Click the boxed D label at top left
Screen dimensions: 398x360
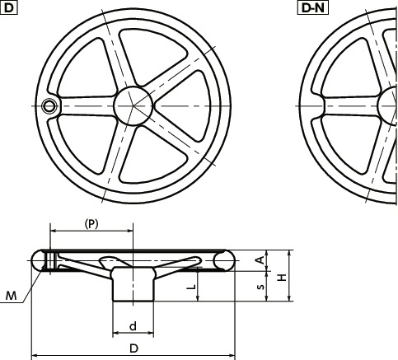[8, 7]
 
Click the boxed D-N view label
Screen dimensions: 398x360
[313, 7]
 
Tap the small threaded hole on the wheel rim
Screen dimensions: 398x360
[49, 106]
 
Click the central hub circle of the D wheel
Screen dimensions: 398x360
[133, 106]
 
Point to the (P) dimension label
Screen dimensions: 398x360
[91, 224]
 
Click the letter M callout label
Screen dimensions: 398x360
[12, 296]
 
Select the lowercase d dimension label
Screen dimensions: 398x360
[133, 326]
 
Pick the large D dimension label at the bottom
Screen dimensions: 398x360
[133, 348]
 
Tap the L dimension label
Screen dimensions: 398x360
[191, 287]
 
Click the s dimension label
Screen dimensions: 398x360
[260, 287]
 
